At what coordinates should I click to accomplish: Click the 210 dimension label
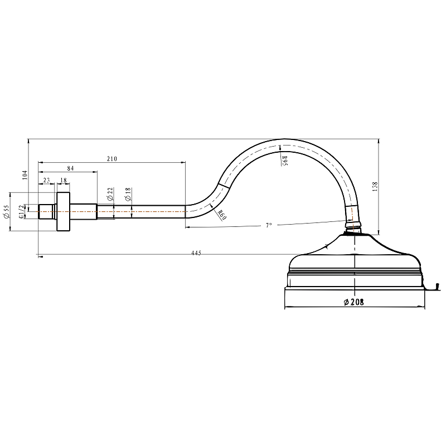(112, 159)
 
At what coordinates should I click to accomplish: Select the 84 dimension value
(70, 168)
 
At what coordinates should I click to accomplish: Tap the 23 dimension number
(46, 180)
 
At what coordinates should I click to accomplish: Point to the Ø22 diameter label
(110, 194)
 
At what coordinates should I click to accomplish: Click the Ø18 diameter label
(128, 194)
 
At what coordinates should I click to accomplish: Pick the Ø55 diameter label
(6, 212)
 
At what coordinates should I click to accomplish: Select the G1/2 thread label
(22, 212)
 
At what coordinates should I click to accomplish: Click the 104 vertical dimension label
(25, 175)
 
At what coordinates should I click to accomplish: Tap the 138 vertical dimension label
(375, 187)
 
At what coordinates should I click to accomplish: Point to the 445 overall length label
(196, 253)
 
